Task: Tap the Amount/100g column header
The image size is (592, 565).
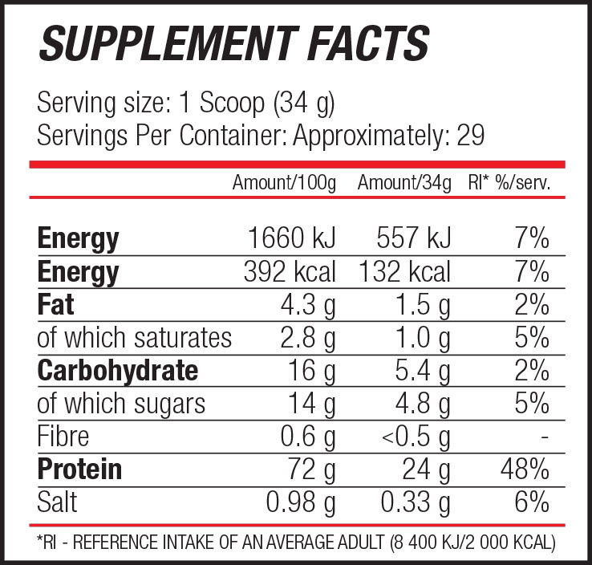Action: (284, 184)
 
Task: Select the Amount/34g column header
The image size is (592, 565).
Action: (404, 184)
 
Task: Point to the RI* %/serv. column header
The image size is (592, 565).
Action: (509, 184)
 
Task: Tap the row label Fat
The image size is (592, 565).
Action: (55, 305)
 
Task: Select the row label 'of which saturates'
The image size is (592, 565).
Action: (134, 338)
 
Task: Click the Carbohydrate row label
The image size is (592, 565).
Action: (117, 371)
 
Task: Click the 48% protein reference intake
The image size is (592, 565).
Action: (526, 469)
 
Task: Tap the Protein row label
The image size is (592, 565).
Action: (79, 469)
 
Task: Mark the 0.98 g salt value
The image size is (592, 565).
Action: (301, 502)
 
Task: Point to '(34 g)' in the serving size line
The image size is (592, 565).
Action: (303, 104)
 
